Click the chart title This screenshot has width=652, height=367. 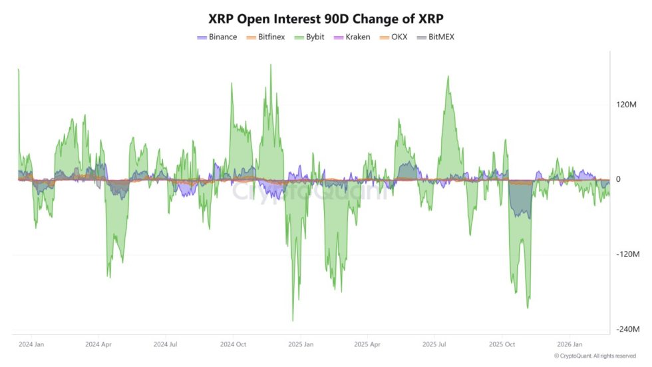[x=326, y=17]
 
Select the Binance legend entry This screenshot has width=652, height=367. [x=217, y=37]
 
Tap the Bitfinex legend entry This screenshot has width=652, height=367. [x=265, y=37]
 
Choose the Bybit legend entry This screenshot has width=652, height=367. [x=311, y=37]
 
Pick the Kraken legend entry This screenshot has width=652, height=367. [x=352, y=37]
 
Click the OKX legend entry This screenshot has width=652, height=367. [x=393, y=37]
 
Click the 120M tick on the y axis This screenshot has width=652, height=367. [x=627, y=105]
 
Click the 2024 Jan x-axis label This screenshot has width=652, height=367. [x=32, y=344]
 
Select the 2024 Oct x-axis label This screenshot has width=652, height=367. [x=234, y=344]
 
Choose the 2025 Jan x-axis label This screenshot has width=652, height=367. [x=301, y=344]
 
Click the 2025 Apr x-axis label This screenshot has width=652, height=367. [x=368, y=344]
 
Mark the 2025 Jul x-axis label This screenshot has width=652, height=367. [x=435, y=344]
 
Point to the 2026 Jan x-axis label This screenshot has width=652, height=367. [x=570, y=344]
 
